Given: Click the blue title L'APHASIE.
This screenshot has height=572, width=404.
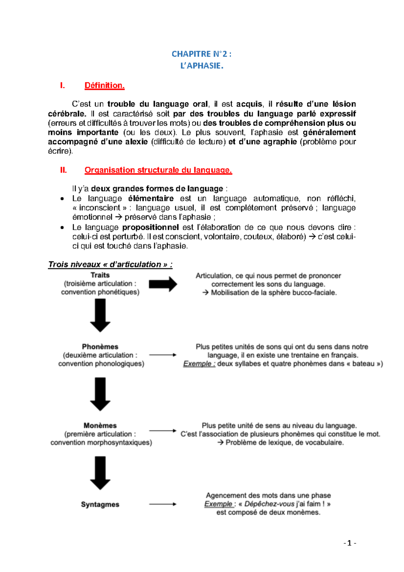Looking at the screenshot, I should point(202,66).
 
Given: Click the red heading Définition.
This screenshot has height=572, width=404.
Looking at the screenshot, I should point(104,86).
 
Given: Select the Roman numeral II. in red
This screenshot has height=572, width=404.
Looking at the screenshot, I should point(63,170).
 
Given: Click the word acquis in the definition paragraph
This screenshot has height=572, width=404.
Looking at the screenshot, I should point(249,104).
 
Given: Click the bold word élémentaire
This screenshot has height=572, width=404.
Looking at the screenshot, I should point(151,198).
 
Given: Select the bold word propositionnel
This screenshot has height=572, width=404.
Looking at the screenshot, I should point(150,227).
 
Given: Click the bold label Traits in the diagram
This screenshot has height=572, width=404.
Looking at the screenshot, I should point(100,275).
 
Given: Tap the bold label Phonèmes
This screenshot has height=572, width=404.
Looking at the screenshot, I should point(100,347).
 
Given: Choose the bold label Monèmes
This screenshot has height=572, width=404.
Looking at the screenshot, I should point(100,425).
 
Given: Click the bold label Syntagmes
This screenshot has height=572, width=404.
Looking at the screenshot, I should point(100,504).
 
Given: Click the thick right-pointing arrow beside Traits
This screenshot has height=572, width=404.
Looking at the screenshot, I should point(163,284).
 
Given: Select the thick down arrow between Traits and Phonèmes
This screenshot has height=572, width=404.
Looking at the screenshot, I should point(100,315).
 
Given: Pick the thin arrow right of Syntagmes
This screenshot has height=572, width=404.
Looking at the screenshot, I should point(163,504).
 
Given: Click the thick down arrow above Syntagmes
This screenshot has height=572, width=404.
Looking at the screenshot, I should point(100,472).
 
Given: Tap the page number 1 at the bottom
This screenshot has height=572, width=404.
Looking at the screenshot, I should point(349,543).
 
